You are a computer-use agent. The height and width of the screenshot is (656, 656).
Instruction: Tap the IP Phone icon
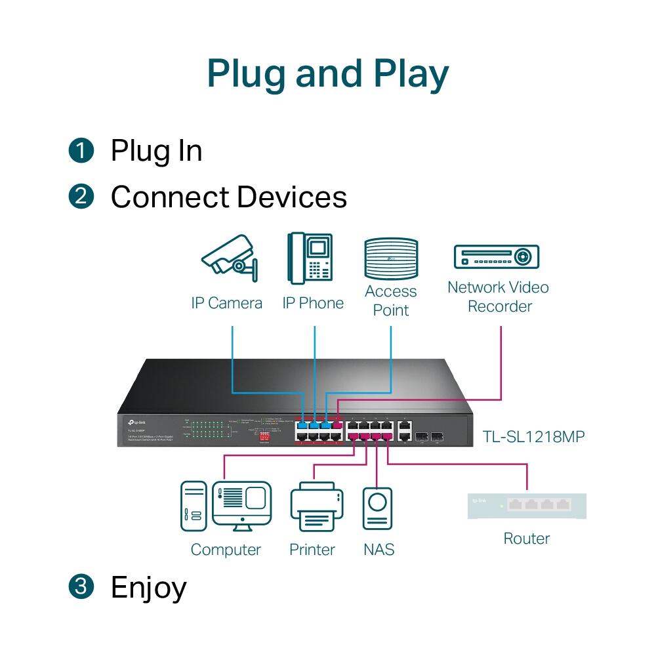[310, 258]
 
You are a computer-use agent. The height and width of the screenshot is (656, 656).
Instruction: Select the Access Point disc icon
[390, 259]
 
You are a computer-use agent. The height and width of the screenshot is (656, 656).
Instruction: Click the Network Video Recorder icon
[497, 256]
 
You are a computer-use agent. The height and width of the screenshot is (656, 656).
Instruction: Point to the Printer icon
[317, 506]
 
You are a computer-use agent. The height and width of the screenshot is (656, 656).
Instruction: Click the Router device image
[527, 506]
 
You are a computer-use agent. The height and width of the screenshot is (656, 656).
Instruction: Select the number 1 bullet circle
[81, 151]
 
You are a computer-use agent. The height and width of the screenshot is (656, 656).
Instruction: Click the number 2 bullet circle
[81, 197]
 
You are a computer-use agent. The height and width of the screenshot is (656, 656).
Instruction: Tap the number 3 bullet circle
[81, 587]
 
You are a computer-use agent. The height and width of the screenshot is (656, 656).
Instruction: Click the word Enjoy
[149, 587]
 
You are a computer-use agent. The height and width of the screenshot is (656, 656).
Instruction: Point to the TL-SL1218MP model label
[533, 436]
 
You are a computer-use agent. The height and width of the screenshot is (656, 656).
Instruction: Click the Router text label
[527, 539]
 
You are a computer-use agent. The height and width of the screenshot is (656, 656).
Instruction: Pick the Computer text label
[226, 550]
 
